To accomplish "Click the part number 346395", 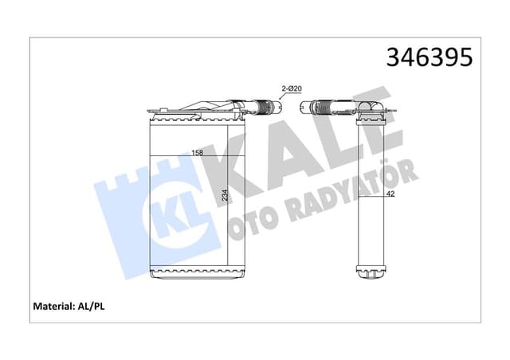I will tap(429, 57).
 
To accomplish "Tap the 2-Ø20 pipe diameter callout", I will tap(290, 88).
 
